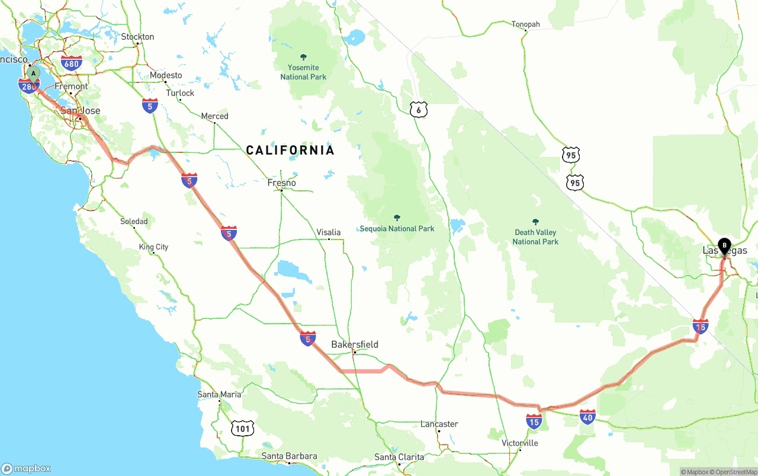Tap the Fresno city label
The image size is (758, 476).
281,183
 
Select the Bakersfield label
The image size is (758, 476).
354,344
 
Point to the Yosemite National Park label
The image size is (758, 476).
303,72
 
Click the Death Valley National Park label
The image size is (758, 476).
535,237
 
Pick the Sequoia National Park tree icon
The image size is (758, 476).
397,218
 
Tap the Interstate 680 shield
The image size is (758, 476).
71,63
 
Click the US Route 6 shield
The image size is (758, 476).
418,109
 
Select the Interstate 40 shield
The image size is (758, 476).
587,417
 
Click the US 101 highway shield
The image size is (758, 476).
243,428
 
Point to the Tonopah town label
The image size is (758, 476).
526,24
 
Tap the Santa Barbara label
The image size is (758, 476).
289,456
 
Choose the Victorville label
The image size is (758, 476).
520,443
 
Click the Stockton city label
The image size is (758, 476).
137,37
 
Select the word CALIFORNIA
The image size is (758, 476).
290,150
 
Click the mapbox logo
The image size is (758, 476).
26,468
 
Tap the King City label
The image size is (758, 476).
153,247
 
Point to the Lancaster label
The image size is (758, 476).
439,424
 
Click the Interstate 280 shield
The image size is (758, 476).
28,87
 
